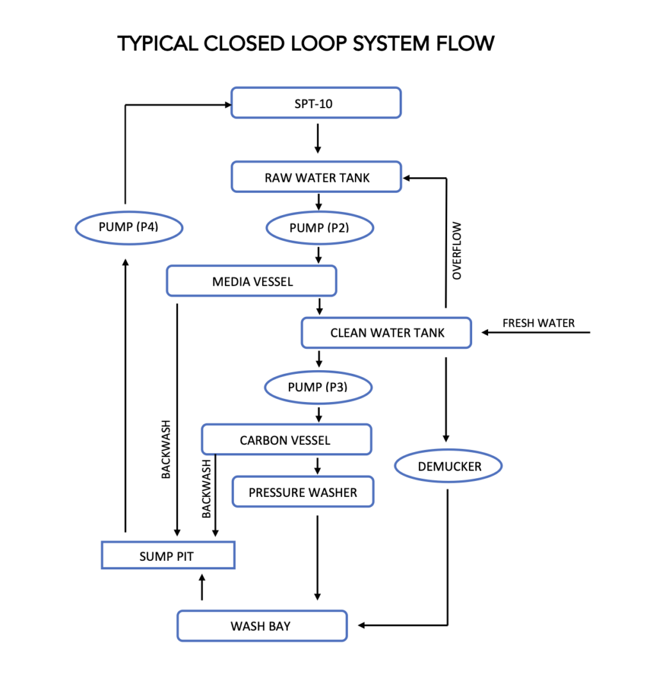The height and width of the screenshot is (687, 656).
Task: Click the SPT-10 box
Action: pyautogui.click(x=316, y=103)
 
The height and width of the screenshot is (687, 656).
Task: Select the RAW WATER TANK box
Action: pyautogui.click(x=316, y=177)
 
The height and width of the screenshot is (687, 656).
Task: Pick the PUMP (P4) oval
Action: pyautogui.click(x=129, y=227)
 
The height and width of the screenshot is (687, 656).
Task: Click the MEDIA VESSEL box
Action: pyautogui.click(x=252, y=282)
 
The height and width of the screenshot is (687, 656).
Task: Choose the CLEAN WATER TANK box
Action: pyautogui.click(x=386, y=333)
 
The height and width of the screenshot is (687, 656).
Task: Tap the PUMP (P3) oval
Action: pyautogui.click(x=318, y=387)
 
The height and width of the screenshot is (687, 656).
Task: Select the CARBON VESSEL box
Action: pyautogui.click(x=286, y=440)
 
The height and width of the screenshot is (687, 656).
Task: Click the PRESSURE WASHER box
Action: pyautogui.click(x=303, y=492)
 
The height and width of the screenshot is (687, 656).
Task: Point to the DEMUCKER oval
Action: pyautogui.click(x=448, y=467)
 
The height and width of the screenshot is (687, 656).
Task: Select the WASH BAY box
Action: pyautogui.click(x=262, y=626)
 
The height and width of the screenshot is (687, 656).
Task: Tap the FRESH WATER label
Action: pyautogui.click(x=538, y=323)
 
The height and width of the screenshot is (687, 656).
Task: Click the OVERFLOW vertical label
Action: pyautogui.click(x=457, y=252)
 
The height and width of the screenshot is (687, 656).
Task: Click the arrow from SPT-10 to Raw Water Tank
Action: pyautogui.click(x=318, y=139)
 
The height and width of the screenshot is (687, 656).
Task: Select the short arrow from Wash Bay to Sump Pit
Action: pyautogui.click(x=202, y=586)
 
